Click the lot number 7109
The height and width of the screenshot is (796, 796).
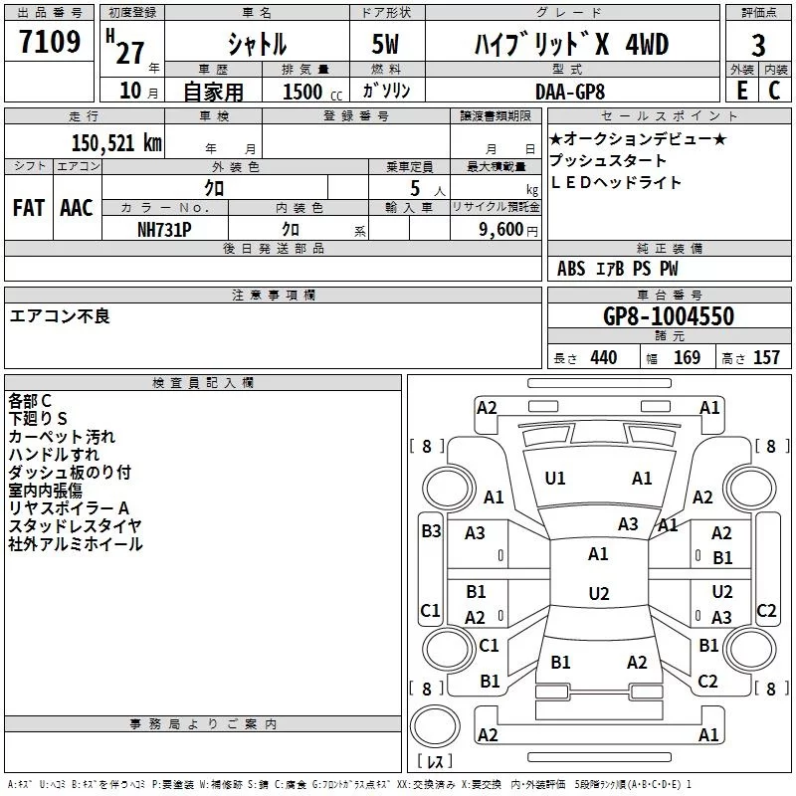coord(50,43)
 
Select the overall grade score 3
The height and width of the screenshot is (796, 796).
coord(758,45)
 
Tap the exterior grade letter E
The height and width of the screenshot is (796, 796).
coord(741,90)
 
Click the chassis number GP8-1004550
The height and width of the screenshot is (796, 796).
coord(669,316)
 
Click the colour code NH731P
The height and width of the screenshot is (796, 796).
coord(165,228)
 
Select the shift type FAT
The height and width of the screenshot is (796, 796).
coord(29,207)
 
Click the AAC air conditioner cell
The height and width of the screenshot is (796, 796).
coord(77,207)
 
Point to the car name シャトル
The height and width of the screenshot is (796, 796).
coord(257,45)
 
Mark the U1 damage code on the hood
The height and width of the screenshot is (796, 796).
coord(555,479)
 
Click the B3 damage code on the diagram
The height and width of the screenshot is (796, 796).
coord(431,531)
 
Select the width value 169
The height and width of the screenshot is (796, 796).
coord(687,357)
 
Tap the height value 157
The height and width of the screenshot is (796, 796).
coord(766,357)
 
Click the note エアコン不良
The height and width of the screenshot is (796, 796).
coord(60,316)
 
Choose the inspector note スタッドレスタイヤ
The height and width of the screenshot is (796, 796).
coord(75,525)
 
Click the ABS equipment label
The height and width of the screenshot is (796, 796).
coord(571,269)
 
